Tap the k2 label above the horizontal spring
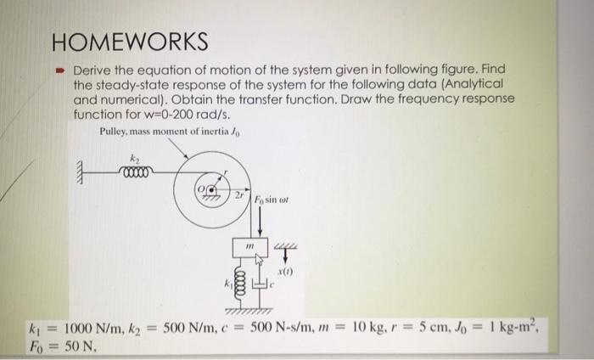point(132,158)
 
